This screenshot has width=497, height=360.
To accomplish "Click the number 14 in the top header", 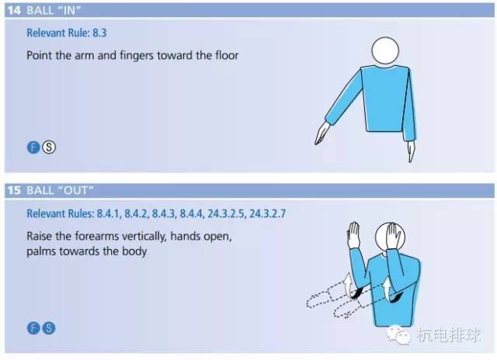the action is coord(14,10).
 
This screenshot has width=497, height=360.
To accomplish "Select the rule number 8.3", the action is coord(99,33).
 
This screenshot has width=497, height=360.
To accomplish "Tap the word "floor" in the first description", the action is coord(227,55).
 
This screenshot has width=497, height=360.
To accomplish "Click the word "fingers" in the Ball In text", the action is coord(137,56).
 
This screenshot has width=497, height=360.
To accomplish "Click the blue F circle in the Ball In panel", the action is coord(33,147).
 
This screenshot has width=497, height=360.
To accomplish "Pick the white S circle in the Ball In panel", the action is coord(49,147).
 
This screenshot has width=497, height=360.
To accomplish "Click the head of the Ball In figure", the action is coord(385,50).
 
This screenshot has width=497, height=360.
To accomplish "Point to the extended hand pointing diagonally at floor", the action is coord(322,133).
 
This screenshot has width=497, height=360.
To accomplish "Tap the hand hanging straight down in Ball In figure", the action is coord(411,151).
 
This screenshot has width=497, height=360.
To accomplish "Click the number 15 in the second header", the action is coord(14,191).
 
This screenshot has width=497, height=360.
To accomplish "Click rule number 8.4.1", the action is coord(109,214).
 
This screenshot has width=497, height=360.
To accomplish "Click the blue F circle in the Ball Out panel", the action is coord(33,328).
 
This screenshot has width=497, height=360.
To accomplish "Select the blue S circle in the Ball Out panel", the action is coord(49,328).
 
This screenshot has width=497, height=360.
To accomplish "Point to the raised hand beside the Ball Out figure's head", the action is coord(353,234).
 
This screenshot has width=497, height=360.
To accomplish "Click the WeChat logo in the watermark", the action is coord(398,335).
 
